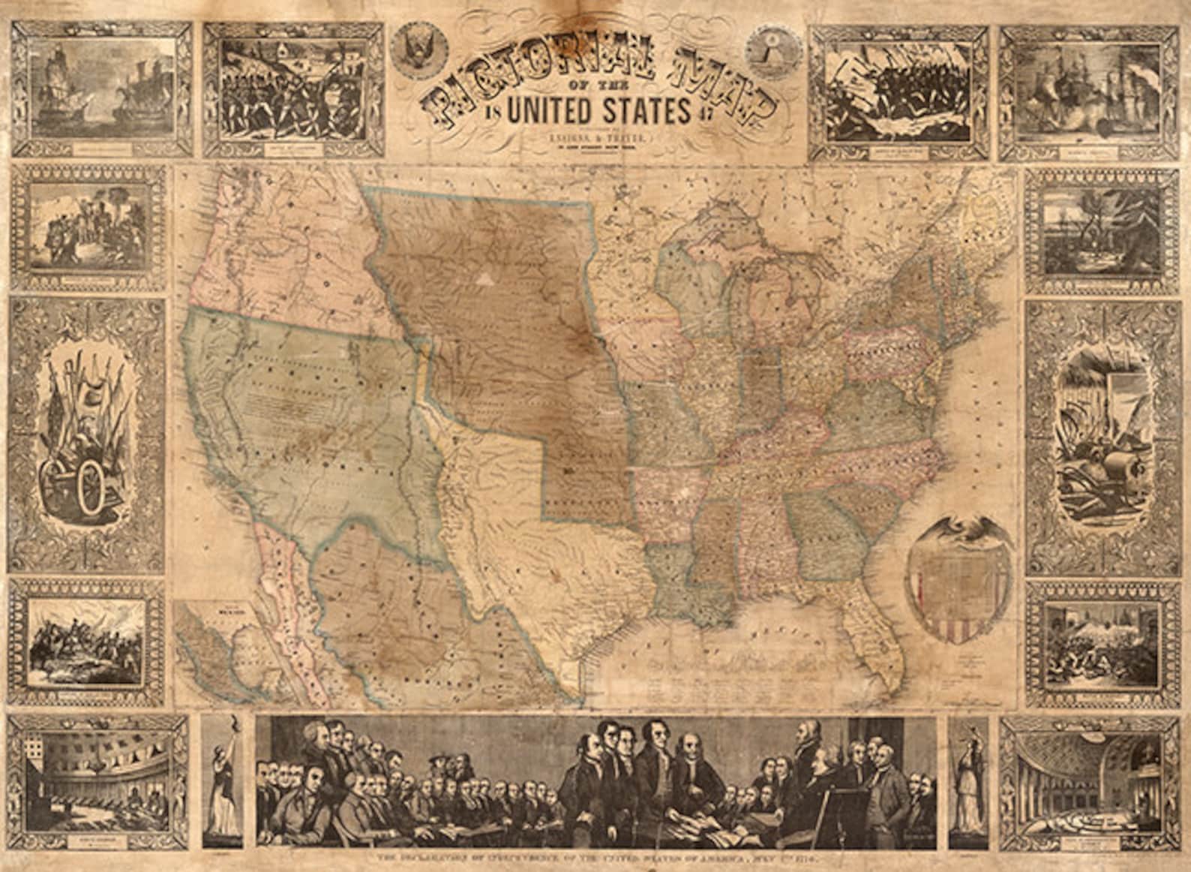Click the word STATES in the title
pyautogui.click(x=648, y=112)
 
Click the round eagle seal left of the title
pyautogui.click(x=416, y=46)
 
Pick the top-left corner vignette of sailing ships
pyautogui.click(x=101, y=86)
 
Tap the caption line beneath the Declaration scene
pyautogui.click(x=596, y=858)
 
